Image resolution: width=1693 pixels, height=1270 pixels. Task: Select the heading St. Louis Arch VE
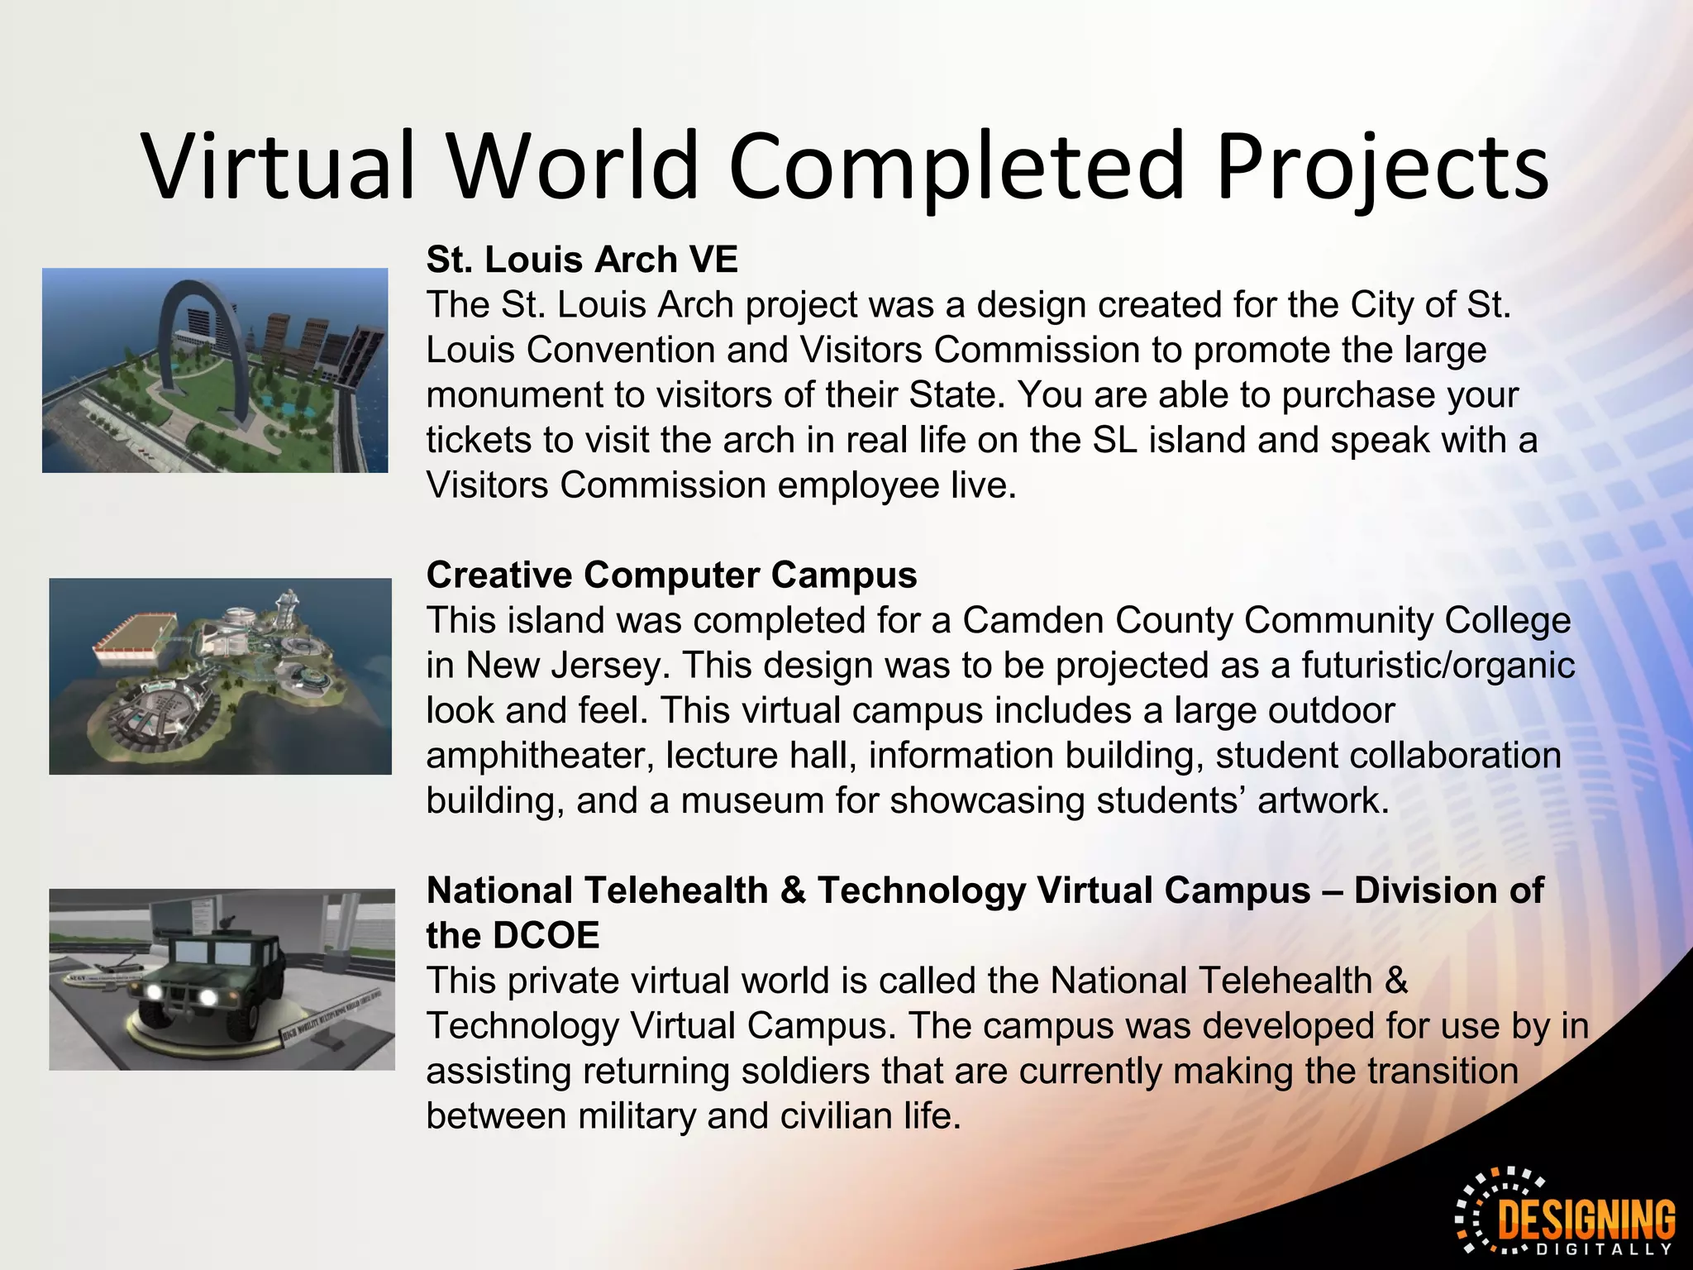click(x=582, y=260)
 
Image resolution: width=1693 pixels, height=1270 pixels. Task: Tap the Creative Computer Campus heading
click(x=671, y=575)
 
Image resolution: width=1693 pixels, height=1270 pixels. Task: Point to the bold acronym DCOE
click(x=546, y=935)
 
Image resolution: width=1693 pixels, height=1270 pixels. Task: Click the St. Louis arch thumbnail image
click(x=215, y=370)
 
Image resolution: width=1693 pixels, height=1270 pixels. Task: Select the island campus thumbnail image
click(x=220, y=676)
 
